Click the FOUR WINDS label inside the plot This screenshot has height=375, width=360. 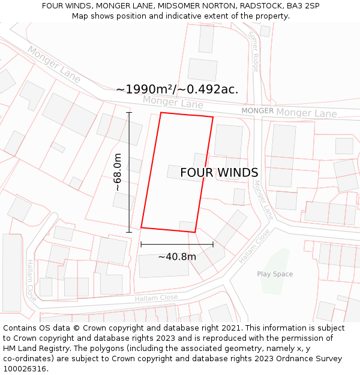pos(219,173)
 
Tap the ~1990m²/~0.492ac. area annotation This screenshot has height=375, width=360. pos(177,89)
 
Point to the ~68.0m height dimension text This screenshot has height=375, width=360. pos(118,172)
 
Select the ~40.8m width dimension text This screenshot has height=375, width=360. pos(177,257)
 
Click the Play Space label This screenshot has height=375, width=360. pos(275,274)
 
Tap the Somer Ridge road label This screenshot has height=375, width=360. pos(254,51)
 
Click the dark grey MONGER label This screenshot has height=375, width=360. pos(257,111)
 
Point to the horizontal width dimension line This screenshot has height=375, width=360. pos(177,244)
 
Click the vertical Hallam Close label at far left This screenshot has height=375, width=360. pos(31,280)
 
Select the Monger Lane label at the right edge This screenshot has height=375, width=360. pos(306,113)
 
